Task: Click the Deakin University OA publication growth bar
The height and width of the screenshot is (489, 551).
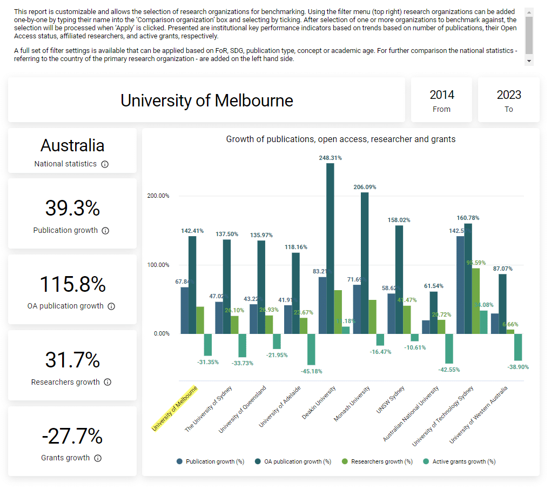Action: click(x=330, y=249)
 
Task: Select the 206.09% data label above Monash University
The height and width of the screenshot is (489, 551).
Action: click(x=365, y=187)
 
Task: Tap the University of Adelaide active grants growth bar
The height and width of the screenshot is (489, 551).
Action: click(x=311, y=349)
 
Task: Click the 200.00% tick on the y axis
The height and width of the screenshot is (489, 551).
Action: click(x=158, y=196)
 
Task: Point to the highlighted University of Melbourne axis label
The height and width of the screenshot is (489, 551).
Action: click(x=174, y=409)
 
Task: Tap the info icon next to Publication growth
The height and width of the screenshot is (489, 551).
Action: click(x=105, y=231)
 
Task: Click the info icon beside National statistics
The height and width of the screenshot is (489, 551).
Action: click(x=105, y=164)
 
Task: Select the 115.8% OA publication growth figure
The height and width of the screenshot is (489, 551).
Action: click(x=72, y=284)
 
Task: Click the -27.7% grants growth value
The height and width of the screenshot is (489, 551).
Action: click(x=72, y=436)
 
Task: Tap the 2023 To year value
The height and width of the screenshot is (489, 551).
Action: click(x=509, y=95)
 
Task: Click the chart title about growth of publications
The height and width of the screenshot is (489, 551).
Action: click(x=340, y=139)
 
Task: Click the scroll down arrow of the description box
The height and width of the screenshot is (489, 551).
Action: click(x=529, y=62)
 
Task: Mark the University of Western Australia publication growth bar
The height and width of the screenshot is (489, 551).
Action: click(x=495, y=324)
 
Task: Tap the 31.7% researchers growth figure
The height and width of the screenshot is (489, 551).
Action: click(x=72, y=360)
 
